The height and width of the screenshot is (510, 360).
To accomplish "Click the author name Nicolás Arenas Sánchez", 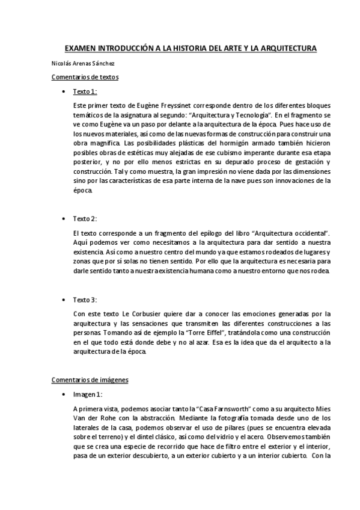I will point(84,63).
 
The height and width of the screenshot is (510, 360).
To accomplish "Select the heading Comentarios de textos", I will point(85,78).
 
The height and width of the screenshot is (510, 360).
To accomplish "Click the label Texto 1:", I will point(85,91).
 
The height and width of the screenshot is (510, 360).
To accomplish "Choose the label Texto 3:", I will point(85,300).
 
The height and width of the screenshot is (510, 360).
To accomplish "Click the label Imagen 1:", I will point(88,395).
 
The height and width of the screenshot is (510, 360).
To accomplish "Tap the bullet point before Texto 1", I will point(63,92).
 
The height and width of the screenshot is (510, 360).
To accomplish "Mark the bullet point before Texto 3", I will point(63,300).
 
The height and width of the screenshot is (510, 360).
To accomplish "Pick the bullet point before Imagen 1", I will point(63,395).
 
